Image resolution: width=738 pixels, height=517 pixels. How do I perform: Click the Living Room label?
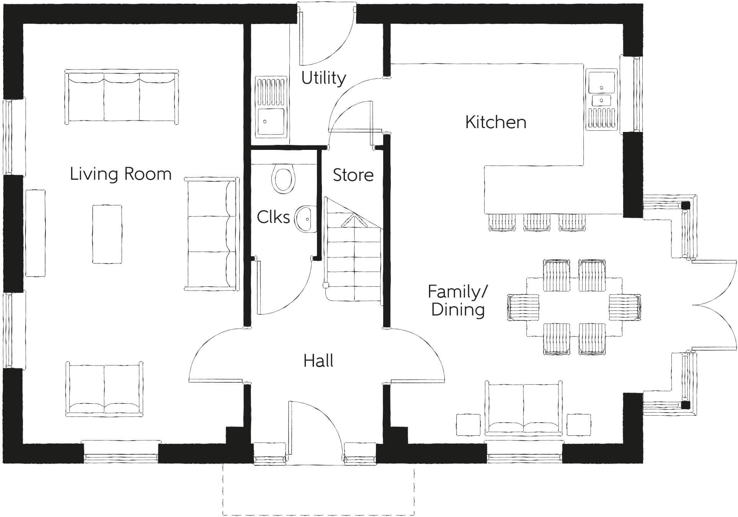point(120,174)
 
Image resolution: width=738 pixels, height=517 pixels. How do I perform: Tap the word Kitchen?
point(495,122)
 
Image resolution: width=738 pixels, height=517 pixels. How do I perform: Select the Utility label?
point(323,78)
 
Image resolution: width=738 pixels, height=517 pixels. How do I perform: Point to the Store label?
point(353,175)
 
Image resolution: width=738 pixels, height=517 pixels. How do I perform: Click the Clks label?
point(273,217)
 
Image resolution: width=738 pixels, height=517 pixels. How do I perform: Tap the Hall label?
point(318,361)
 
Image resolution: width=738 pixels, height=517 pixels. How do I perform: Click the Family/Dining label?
point(457,301)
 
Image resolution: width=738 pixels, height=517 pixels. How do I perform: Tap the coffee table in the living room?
point(107,234)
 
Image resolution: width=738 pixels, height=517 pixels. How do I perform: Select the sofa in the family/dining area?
point(524,409)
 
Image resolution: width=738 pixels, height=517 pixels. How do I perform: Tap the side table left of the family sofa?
point(468,425)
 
